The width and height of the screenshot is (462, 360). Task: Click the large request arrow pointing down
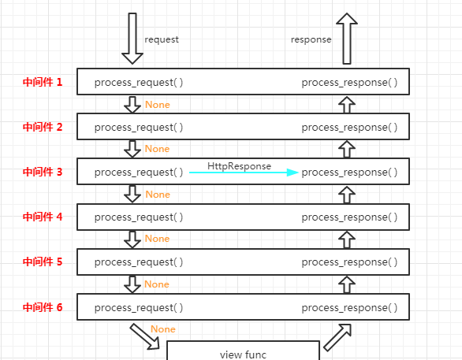(x=132, y=39)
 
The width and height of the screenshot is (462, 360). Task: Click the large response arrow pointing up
(x=347, y=39)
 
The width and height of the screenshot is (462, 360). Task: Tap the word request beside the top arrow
(x=162, y=39)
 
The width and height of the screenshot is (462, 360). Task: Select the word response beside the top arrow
(x=311, y=39)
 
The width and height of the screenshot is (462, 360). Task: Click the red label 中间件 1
(x=43, y=82)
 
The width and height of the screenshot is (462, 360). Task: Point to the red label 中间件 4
(x=43, y=217)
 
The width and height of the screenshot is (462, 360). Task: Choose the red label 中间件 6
(x=43, y=307)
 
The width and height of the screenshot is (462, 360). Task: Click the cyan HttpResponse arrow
(x=244, y=173)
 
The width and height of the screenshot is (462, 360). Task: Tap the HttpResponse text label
(x=239, y=166)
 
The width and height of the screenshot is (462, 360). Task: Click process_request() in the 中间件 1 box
(x=139, y=83)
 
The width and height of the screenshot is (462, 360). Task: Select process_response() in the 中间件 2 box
(x=349, y=128)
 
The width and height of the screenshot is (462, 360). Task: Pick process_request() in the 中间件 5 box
(x=139, y=262)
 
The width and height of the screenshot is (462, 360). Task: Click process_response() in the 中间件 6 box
(x=349, y=308)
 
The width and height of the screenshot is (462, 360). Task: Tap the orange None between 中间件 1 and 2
(x=158, y=105)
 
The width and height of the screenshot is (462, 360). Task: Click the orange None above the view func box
(x=163, y=329)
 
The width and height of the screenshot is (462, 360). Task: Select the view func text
(x=243, y=354)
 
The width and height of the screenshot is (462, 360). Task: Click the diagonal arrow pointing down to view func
(x=144, y=336)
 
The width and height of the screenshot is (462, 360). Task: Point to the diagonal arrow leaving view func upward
(x=337, y=338)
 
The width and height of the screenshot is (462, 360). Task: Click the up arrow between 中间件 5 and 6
(x=347, y=284)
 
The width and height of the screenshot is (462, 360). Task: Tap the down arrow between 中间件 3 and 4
(x=132, y=194)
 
